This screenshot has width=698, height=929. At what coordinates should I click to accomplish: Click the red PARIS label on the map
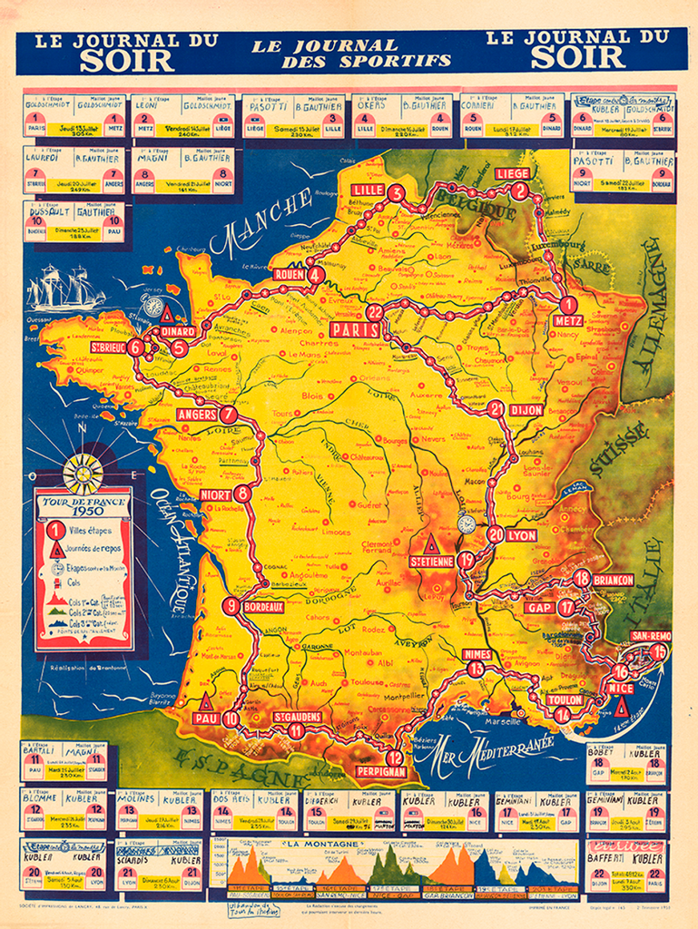[354, 330]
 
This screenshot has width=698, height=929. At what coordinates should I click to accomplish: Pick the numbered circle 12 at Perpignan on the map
[394, 758]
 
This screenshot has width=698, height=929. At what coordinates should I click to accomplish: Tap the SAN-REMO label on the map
[651, 636]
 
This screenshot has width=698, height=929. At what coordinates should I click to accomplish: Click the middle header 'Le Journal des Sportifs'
[352, 54]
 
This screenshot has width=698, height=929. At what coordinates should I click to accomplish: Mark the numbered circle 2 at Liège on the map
[519, 191]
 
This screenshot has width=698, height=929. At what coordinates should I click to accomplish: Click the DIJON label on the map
[526, 410]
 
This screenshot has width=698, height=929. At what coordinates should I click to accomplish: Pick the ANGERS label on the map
[197, 415]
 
